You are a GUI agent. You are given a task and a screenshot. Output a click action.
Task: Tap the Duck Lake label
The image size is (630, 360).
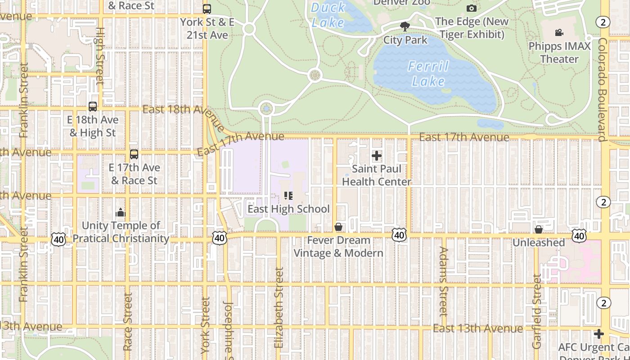[x=328, y=14]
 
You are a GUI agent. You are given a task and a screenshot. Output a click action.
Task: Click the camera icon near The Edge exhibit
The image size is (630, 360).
[x=471, y=9]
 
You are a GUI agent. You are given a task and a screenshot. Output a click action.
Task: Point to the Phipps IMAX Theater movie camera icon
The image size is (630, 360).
[x=559, y=33]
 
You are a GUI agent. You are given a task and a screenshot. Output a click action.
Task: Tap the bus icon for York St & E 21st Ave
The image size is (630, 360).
[x=207, y=9]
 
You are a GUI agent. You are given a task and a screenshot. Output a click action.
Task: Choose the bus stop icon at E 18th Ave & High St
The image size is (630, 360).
[x=93, y=107]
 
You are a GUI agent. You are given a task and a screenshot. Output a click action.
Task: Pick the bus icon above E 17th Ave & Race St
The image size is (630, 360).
[x=134, y=154]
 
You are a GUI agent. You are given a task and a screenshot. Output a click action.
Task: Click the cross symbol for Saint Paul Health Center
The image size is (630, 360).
[x=377, y=156]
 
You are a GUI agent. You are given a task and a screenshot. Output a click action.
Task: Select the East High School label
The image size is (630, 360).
[x=288, y=209]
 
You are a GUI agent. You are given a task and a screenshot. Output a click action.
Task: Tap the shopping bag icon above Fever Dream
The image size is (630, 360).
[x=338, y=227]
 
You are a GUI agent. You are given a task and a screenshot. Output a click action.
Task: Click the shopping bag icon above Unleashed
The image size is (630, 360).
[x=538, y=229]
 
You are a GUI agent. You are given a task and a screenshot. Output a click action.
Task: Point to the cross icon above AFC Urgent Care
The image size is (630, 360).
[x=598, y=334]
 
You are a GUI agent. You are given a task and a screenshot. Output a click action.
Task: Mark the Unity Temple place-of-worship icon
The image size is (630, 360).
[x=120, y=212]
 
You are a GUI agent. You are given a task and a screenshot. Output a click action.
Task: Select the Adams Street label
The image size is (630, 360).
[x=443, y=281]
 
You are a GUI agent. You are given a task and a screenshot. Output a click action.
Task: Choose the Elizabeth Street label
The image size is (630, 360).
[x=279, y=308]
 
